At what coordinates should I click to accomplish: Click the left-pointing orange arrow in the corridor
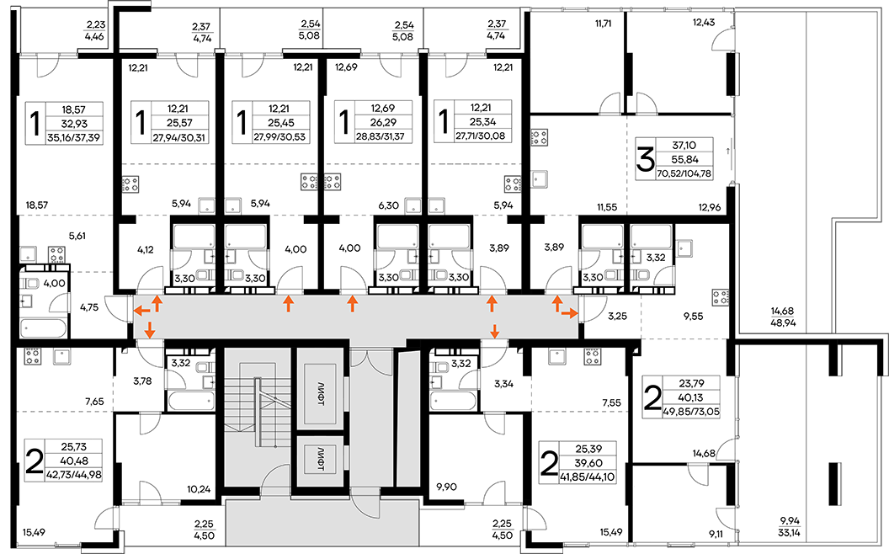[142, 311]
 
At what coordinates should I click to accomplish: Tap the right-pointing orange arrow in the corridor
[570, 312]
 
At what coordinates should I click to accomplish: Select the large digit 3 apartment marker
[645, 159]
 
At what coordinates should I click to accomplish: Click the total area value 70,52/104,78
[684, 174]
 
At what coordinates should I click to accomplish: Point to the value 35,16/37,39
[75, 137]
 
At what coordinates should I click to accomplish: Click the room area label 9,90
[447, 487]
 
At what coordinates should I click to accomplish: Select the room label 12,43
[704, 23]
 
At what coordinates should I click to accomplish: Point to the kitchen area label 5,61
[77, 236]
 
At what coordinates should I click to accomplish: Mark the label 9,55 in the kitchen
[693, 317]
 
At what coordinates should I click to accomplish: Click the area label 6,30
[388, 205]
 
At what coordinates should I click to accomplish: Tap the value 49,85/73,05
[691, 413]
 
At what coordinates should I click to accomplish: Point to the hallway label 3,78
[142, 381]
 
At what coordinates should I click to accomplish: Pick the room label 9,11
[716, 532]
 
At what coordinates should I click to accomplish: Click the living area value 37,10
[683, 146]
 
